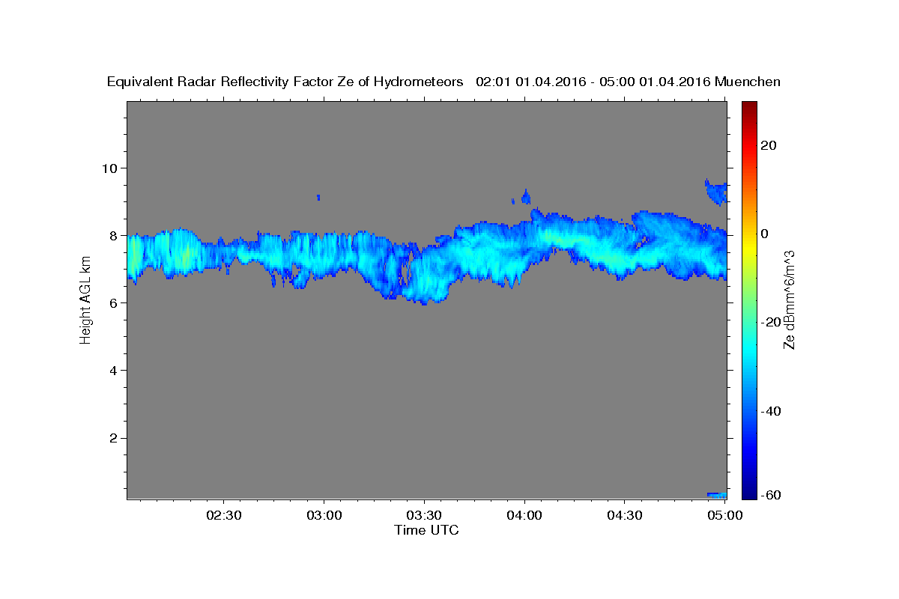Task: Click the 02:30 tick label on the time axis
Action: point(223,515)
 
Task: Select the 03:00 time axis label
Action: point(324,515)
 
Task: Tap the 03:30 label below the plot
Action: point(424,515)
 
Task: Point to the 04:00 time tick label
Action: point(524,515)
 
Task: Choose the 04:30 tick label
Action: point(625,515)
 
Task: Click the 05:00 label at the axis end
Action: point(725,515)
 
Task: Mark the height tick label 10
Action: point(109,168)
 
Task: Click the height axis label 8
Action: point(114,236)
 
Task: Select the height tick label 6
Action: point(114,303)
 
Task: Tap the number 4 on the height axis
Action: point(114,371)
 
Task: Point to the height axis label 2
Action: point(114,438)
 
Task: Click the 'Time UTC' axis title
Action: point(426,530)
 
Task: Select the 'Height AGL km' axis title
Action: point(85,300)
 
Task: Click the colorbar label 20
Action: point(768,145)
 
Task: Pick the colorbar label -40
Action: point(771,411)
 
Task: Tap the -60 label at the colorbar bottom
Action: point(771,495)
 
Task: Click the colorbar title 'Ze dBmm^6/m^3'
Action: point(789,300)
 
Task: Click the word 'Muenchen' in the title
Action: point(748,82)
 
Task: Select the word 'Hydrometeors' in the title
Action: point(418,82)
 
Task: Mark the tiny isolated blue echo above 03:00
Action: point(318,198)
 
